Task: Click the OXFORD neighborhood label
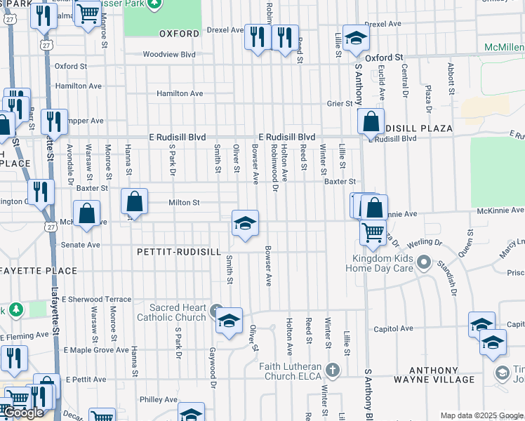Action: click(179, 33)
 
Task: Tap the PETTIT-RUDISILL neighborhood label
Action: click(179, 251)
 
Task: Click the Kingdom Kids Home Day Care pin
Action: click(424, 264)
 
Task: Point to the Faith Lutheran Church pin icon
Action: click(333, 370)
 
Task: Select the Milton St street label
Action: click(184, 203)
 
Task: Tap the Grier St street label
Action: click(339, 104)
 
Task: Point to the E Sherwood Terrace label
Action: click(96, 299)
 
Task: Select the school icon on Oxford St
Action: click(356, 39)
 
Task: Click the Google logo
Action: click(24, 413)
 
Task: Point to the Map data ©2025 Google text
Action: click(481, 415)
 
